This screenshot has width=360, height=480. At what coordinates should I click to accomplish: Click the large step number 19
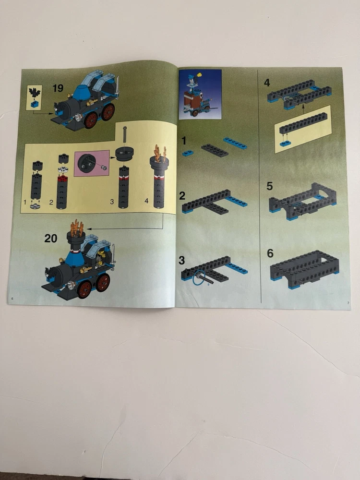pyautogui.click(x=58, y=88)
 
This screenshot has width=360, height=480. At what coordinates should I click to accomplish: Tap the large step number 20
pyautogui.click(x=51, y=238)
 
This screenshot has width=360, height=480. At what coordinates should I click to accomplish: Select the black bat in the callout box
pyautogui.click(x=35, y=92)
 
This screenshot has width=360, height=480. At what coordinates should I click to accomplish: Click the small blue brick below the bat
pyautogui.click(x=35, y=104)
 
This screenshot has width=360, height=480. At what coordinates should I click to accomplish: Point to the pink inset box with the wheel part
pyautogui.click(x=92, y=163)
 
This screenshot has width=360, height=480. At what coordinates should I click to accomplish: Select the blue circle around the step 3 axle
pyautogui.click(x=199, y=277)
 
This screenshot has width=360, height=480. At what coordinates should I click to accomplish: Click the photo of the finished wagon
pyautogui.click(x=200, y=94)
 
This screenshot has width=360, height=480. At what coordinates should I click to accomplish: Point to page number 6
pyautogui.click(x=12, y=299)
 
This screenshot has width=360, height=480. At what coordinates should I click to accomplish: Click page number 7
pyautogui.click(x=348, y=303)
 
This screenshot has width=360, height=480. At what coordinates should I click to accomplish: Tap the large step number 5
pyautogui.click(x=269, y=186)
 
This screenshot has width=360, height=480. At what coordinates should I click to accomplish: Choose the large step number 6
pyautogui.click(x=270, y=253)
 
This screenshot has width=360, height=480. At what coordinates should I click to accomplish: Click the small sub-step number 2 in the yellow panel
pyautogui.click(x=51, y=203)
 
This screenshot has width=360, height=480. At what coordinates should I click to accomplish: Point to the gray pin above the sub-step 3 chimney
pyautogui.click(x=125, y=134)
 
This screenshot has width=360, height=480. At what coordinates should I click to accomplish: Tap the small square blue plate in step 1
pyautogui.click(x=188, y=153)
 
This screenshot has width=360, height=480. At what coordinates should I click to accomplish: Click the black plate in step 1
pyautogui.click(x=215, y=150)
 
